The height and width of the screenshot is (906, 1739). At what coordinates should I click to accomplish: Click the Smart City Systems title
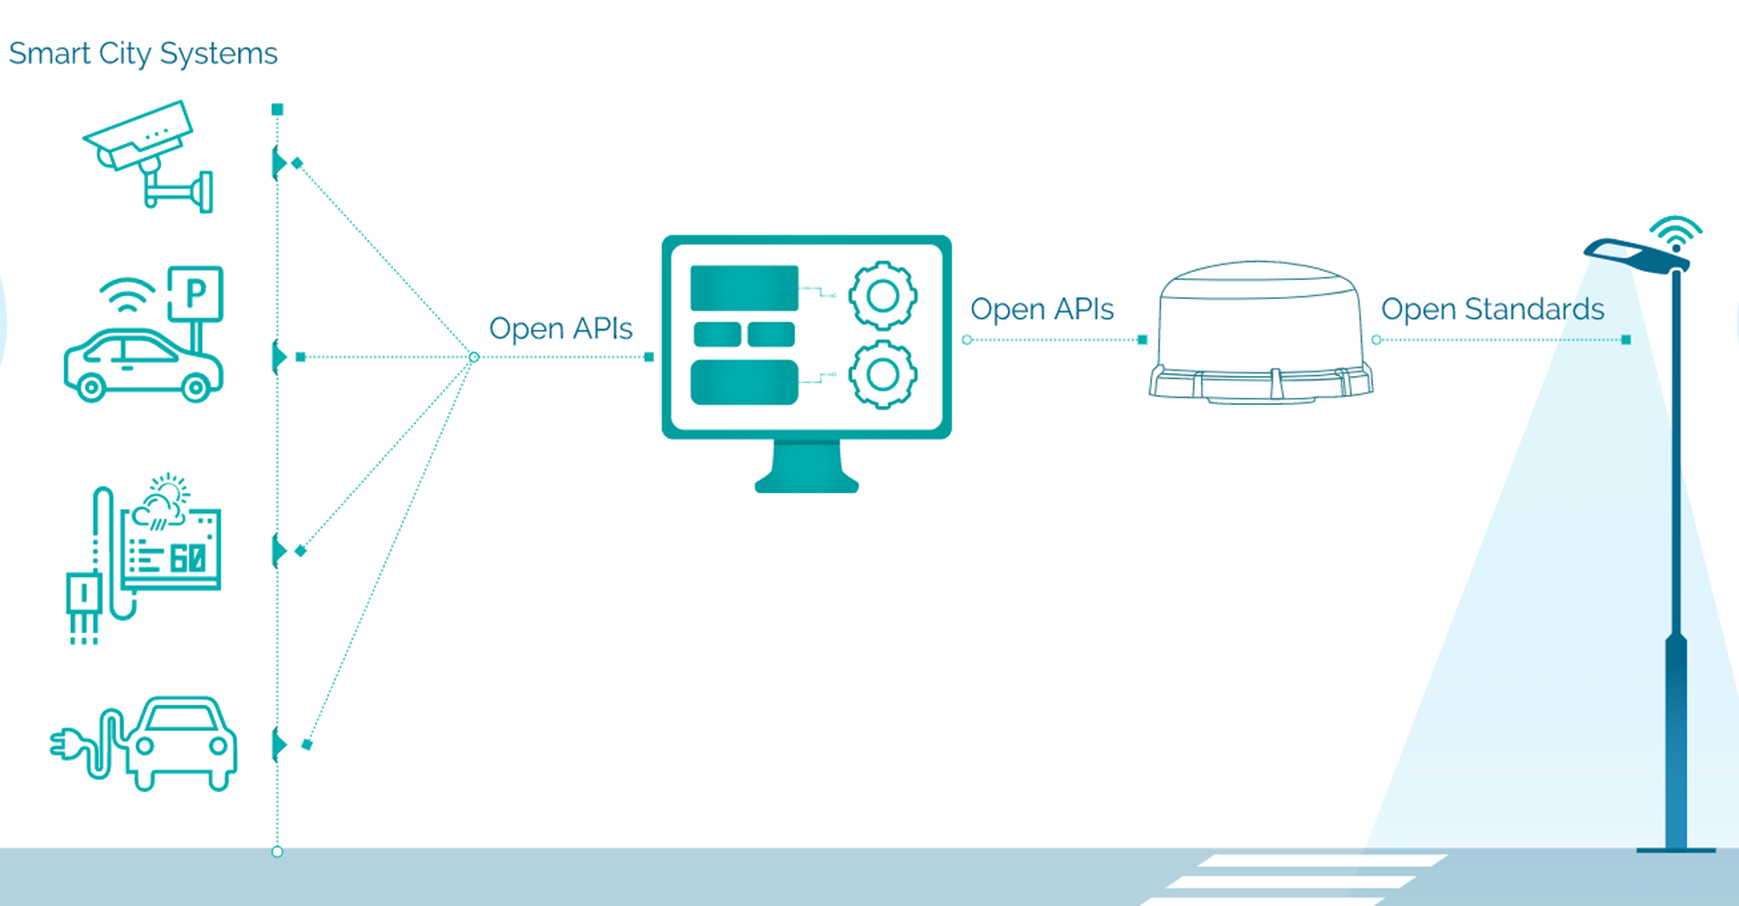tap(143, 53)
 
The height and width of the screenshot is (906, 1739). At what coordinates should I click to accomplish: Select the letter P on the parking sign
tap(196, 293)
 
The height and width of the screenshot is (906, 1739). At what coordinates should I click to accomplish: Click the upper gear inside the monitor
tap(882, 295)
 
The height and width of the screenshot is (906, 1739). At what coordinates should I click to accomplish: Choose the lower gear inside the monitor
tap(882, 374)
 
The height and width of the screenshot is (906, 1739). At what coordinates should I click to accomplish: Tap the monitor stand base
tap(806, 480)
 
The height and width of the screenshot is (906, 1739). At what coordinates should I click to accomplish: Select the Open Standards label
tap(1492, 309)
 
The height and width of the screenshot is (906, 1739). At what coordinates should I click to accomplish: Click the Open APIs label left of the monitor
tap(561, 328)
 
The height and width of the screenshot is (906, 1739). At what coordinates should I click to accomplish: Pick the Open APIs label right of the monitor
tap(1042, 309)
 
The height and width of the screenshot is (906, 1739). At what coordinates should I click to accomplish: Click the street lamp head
tap(1636, 254)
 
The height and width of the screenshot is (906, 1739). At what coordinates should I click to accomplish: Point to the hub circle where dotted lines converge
tap(474, 357)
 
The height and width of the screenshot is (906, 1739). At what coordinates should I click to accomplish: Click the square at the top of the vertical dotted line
tap(277, 110)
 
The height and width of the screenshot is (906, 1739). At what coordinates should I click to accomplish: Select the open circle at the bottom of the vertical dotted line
tap(277, 852)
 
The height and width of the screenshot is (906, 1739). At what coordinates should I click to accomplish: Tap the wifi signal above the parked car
tap(128, 294)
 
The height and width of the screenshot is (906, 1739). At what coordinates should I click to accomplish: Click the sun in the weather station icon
tap(170, 489)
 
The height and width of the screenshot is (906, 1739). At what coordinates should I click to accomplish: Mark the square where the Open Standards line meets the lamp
tap(1626, 340)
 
